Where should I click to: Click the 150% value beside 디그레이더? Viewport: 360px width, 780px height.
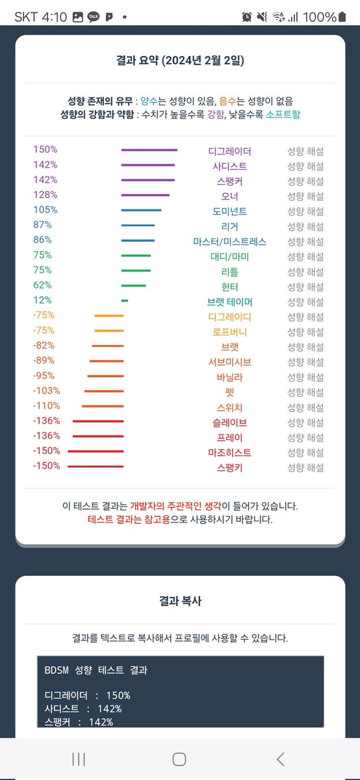45,150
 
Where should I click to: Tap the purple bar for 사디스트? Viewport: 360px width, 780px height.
148,165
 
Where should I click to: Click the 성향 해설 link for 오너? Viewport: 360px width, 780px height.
305,196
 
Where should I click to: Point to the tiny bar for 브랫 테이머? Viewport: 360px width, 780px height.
125,300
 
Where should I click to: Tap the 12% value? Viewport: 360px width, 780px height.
42,300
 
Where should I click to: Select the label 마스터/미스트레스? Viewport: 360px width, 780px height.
229,241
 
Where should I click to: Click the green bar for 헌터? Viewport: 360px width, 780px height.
134,285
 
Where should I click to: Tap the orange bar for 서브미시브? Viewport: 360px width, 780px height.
107,361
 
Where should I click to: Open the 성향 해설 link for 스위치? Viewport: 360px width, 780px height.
305,407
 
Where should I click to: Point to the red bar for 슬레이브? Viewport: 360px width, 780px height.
98,421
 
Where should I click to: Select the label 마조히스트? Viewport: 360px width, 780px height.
229,452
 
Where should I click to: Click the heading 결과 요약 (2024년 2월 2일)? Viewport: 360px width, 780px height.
180,61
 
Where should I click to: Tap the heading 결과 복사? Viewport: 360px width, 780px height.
180,601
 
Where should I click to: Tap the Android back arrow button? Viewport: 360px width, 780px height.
280,759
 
